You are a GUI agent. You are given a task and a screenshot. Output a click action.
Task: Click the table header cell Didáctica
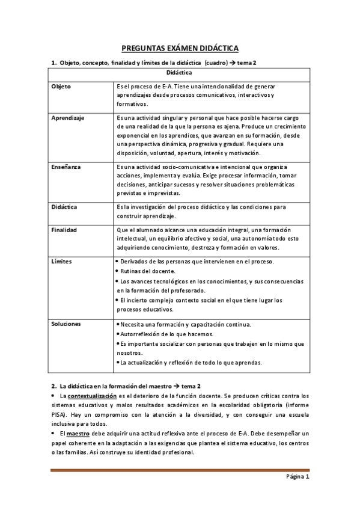pyautogui.click(x=180, y=73)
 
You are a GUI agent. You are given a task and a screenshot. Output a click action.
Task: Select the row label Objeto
pyautogui.click(x=61, y=87)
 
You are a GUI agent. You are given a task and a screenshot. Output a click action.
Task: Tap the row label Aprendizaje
pyautogui.click(x=68, y=118)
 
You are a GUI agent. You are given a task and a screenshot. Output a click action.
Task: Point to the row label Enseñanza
pyautogui.click(x=66, y=167)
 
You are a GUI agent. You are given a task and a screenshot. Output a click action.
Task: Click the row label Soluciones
pyautogui.click(x=66, y=324)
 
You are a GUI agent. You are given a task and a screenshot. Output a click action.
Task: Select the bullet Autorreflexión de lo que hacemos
pyautogui.click(x=166, y=334)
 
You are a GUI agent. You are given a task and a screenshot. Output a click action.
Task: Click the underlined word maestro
pyautogui.click(x=74, y=434)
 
